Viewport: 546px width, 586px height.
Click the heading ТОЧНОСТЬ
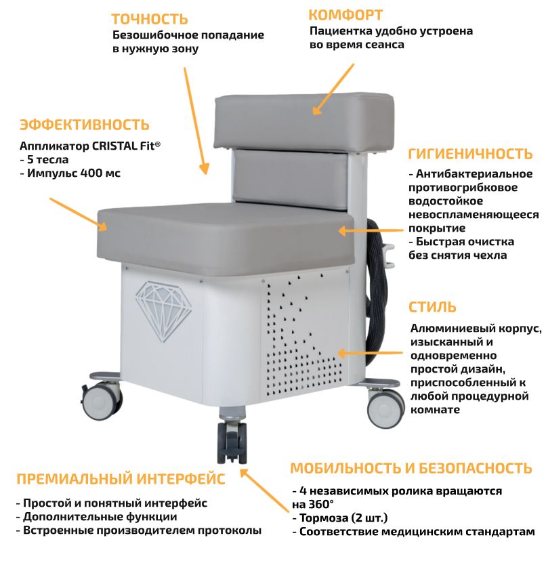pos(150,18)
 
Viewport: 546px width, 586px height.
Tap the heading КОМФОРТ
pos(345,15)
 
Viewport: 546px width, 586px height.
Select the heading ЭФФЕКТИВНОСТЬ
pos(85,125)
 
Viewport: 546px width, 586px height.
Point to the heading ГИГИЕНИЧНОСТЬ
pos(470,154)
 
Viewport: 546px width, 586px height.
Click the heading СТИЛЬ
pos(432,307)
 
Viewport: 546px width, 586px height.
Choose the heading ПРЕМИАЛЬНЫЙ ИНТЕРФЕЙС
pos(121,479)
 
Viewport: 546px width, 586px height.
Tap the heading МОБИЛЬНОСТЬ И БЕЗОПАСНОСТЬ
pos(411,468)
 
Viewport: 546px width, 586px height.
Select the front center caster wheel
pos(232,442)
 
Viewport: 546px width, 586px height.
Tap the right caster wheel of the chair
pos(385,408)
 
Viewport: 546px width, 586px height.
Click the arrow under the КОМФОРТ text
pos(333,89)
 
